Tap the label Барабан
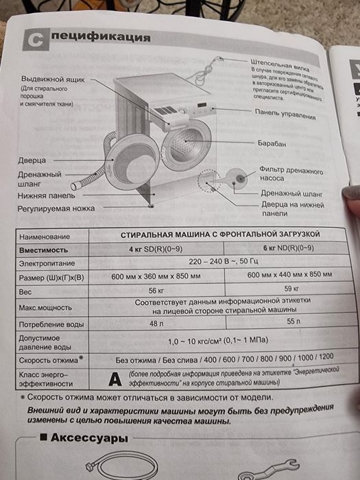tap(272, 143)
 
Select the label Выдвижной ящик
tap(53, 79)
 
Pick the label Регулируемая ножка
tap(56, 206)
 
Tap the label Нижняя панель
tap(47, 194)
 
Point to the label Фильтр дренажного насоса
tap(289, 173)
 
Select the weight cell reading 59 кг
tap(292, 288)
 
